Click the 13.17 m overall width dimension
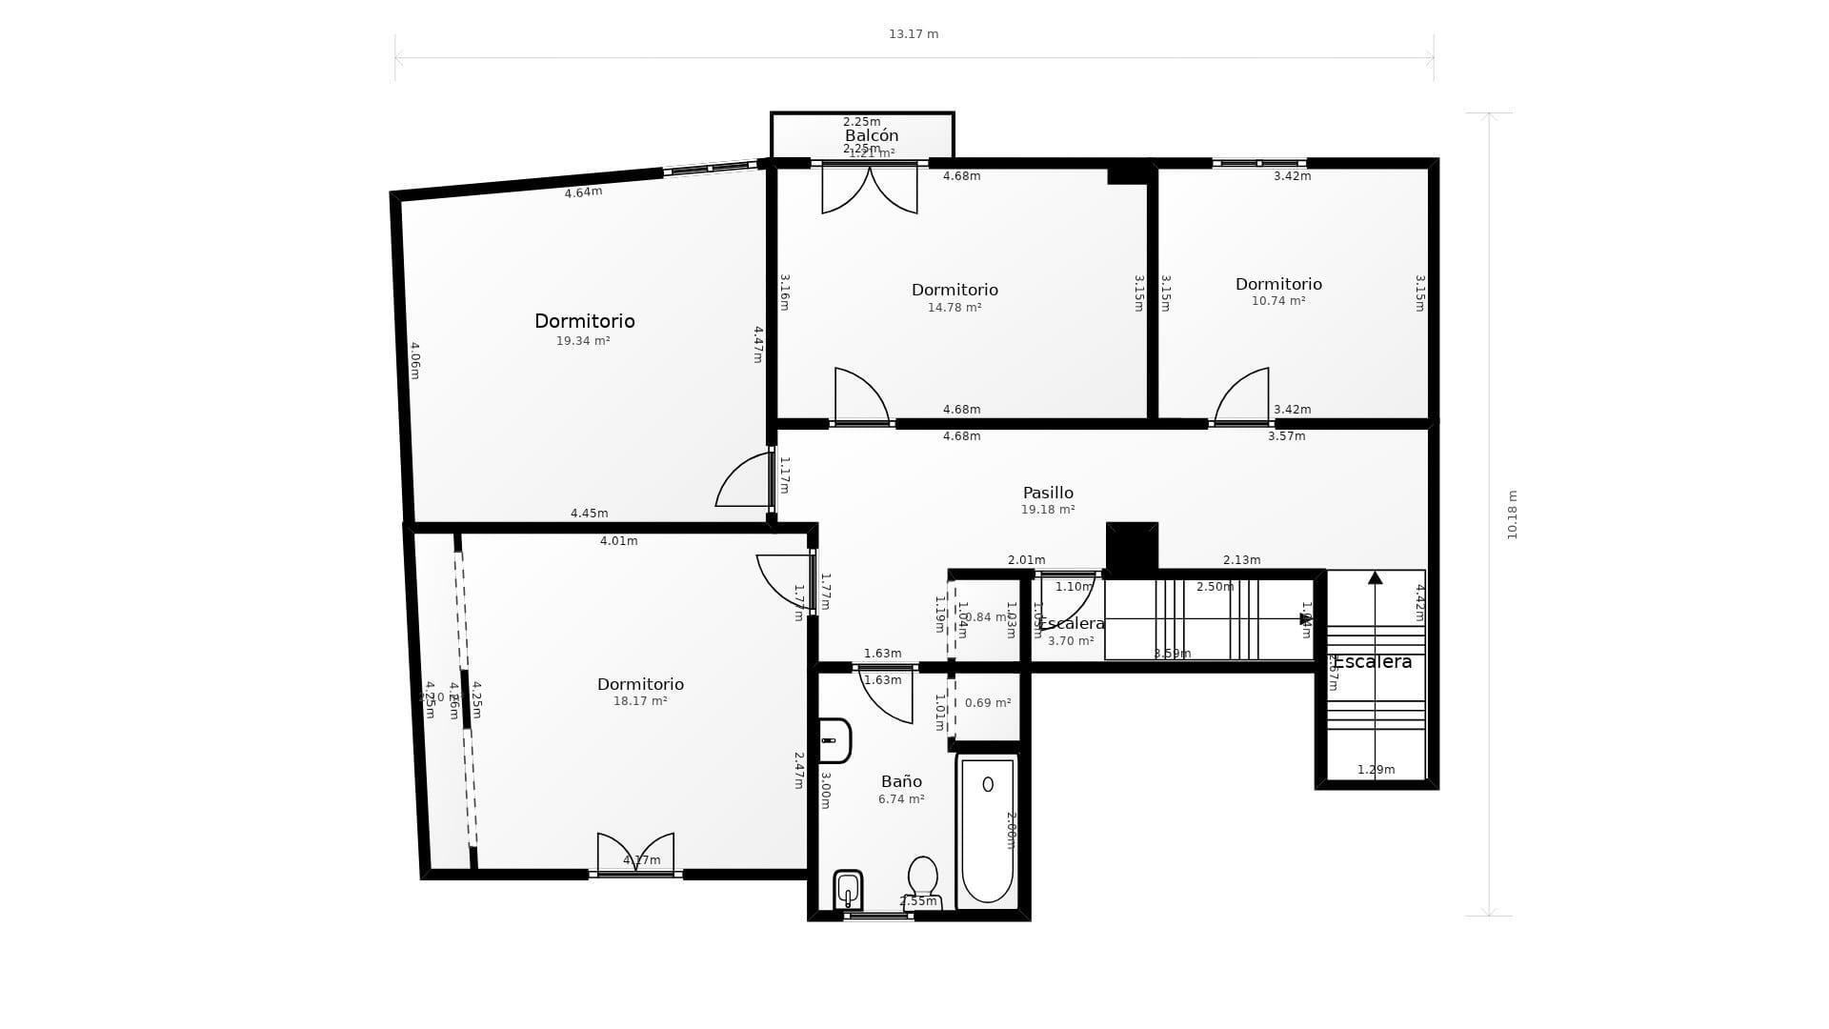click(x=914, y=34)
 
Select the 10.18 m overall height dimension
click(x=1512, y=514)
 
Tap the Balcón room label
click(x=872, y=135)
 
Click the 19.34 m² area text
click(x=583, y=341)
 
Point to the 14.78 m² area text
click(x=955, y=308)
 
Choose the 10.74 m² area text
click(x=1278, y=301)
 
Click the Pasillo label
click(x=1048, y=493)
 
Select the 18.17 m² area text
click(x=640, y=701)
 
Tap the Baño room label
click(x=901, y=781)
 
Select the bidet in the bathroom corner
click(x=848, y=891)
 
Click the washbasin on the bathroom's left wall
click(x=834, y=740)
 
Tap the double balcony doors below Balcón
click(x=870, y=189)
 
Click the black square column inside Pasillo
click(x=1132, y=547)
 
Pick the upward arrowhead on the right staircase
click(x=1375, y=577)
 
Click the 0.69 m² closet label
click(x=988, y=703)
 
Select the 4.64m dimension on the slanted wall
click(x=583, y=192)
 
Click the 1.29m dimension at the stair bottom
click(x=1376, y=770)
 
